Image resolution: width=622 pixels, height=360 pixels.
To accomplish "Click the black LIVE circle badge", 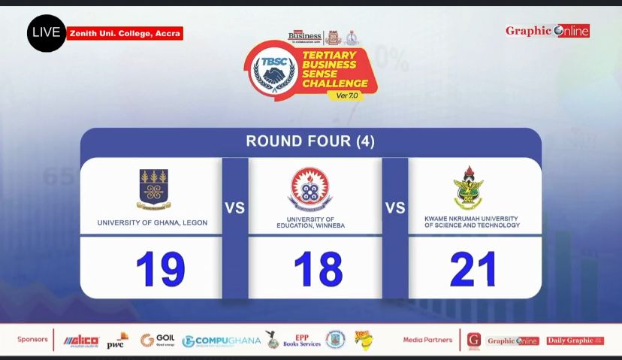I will point(47,33).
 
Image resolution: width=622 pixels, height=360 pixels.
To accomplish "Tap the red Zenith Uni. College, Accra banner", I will point(125,33).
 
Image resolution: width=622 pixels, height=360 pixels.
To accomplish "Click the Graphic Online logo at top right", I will point(547,31).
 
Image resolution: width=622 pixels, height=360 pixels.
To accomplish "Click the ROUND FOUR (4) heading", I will point(310,141).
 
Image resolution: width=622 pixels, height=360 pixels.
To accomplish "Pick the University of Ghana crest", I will point(153,189).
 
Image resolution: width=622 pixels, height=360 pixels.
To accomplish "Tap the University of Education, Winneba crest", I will point(310,189).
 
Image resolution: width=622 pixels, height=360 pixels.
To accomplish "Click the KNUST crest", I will point(469,188).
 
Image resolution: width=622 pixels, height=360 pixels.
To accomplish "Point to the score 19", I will point(160,269).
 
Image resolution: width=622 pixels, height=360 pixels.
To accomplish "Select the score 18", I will point(318,269).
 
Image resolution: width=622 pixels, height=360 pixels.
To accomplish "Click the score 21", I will point(473,269).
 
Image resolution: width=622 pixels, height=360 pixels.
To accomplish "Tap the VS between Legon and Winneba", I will point(235,208).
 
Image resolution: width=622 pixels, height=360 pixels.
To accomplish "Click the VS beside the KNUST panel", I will point(395,208).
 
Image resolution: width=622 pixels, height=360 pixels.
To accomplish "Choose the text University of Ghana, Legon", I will point(152,223).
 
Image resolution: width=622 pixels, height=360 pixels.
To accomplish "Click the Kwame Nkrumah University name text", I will point(472,222).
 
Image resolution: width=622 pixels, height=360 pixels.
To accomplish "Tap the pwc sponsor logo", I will point(116,341).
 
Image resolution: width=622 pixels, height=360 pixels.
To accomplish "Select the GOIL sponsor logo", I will point(157,340).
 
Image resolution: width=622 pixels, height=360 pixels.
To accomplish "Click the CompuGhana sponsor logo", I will point(222,341).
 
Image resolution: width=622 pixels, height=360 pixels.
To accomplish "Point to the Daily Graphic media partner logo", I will point(575,341).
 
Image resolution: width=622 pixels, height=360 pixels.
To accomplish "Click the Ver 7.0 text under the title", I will point(347,95).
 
